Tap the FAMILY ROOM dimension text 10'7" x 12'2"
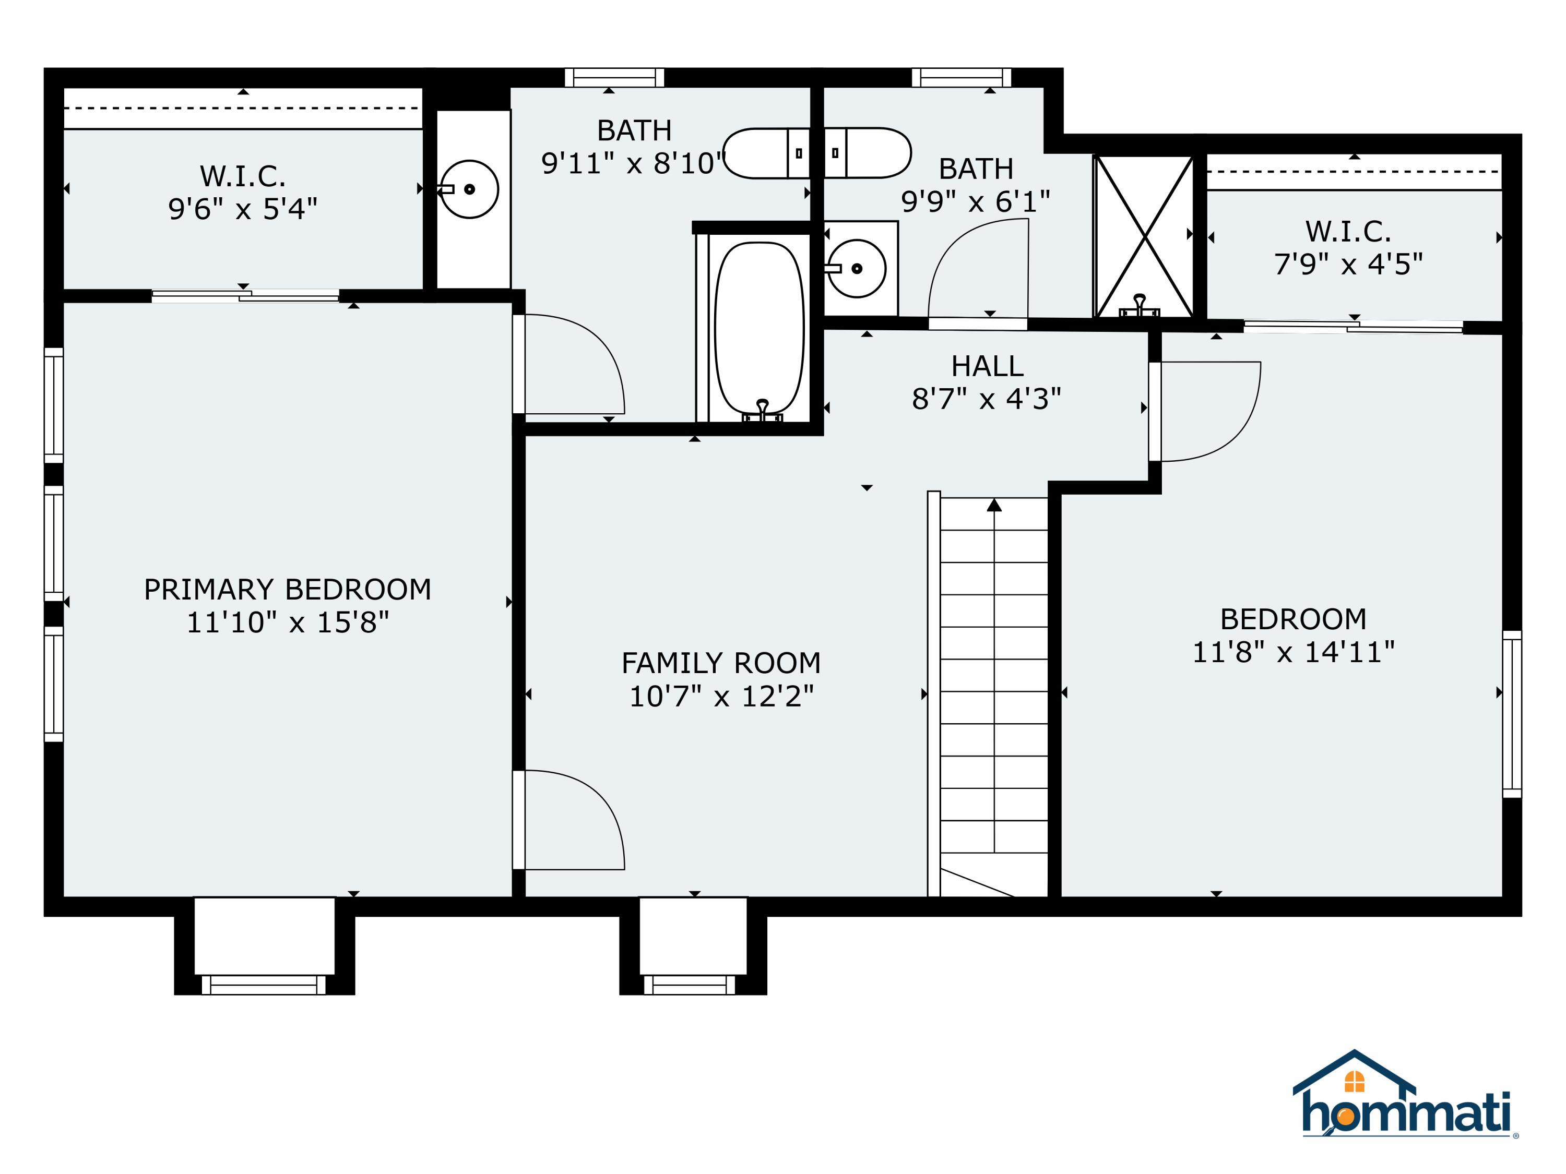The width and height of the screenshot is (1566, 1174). pos(721,697)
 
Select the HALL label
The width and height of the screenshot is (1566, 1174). pos(987,366)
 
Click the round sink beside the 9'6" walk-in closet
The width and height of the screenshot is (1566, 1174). pos(469,189)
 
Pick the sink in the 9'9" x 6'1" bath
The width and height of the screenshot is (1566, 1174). pos(857,268)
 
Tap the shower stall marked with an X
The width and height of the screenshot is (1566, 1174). pos(1144,236)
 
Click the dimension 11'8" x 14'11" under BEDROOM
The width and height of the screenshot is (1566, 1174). pos(1294,652)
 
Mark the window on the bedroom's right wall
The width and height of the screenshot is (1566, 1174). pos(1512,714)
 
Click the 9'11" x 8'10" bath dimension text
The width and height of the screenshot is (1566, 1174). pos(634,163)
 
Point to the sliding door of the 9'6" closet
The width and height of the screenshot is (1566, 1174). pos(246,296)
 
